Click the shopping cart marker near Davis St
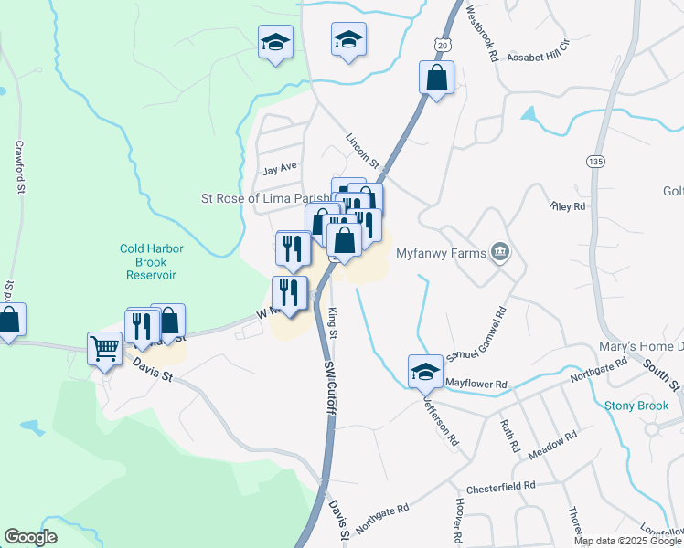pos(103,348)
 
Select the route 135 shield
pos(596,162)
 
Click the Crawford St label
pos(18,166)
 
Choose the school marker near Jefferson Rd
pos(424,371)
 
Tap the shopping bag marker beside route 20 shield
pos(437,78)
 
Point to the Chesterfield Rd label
pos(499,486)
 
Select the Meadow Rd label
pos(554,437)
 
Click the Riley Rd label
pos(567,207)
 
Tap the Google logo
pos(31,536)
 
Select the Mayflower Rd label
pos(476,385)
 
